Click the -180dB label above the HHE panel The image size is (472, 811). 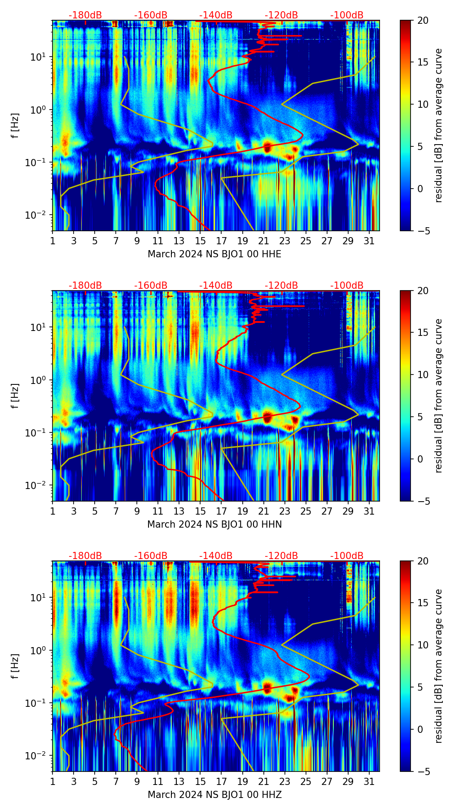click(85, 15)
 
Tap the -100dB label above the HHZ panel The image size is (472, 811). click(347, 556)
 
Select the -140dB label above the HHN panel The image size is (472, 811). click(216, 286)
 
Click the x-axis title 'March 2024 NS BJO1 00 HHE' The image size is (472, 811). click(214, 254)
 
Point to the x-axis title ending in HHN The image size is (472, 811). click(214, 525)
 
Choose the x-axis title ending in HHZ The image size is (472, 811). click(214, 795)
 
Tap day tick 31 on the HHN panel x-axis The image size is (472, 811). click(369, 511)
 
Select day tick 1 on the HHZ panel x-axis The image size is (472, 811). click(52, 781)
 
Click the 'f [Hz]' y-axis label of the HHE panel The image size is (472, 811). click(15, 125)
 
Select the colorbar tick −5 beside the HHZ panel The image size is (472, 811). click(421, 771)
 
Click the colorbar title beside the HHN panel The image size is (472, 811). click(438, 396)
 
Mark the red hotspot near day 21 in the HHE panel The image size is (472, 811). click(267, 146)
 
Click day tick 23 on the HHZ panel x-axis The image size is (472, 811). click(284, 781)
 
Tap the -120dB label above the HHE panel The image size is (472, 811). click(281, 15)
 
